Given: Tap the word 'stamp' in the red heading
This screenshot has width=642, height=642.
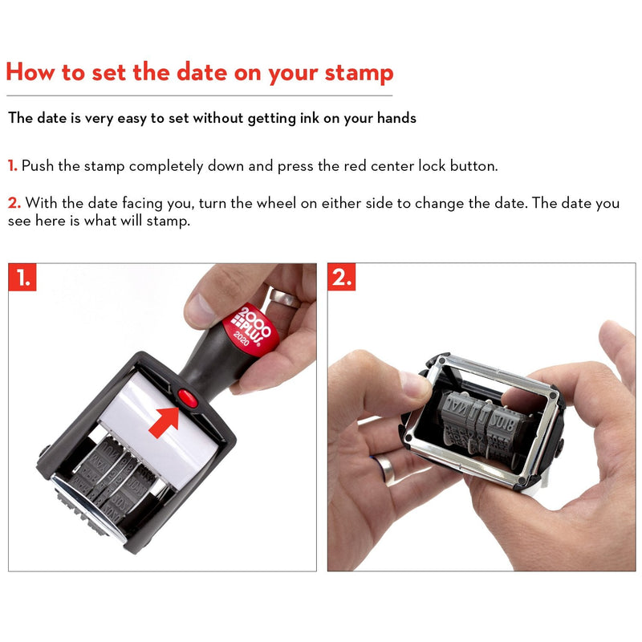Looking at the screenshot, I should (359, 73).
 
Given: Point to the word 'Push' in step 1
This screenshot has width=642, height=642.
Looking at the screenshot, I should (39, 166).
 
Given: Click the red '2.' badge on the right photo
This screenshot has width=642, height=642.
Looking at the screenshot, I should (342, 278).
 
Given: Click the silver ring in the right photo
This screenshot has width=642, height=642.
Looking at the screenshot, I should (388, 468).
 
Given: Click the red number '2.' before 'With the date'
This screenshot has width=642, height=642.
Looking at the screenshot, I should (13, 203).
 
